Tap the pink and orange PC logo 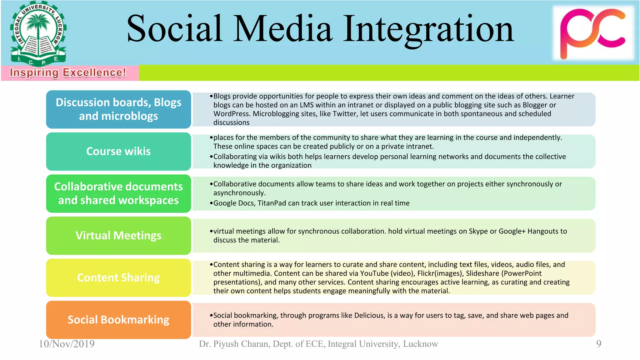click(592, 33)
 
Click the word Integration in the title click(428, 29)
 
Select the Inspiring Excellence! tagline click(68, 72)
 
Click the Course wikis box click(118, 152)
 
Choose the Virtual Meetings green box click(118, 236)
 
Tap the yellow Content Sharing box click(118, 278)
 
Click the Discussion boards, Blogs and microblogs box click(118, 109)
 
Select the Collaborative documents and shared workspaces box click(118, 193)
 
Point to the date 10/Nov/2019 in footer click(67, 344)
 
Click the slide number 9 click(598, 344)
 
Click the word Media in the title click(283, 29)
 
